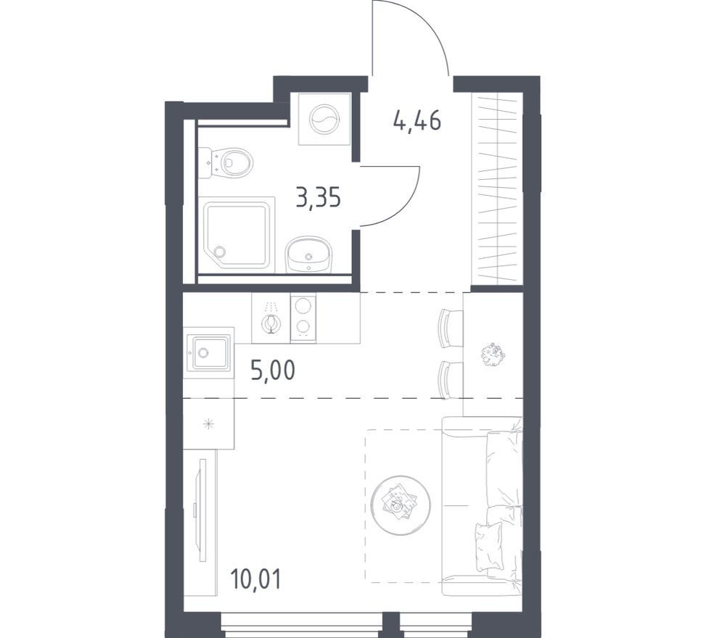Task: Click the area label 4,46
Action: coord(417,121)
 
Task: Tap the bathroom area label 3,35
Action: coord(319,197)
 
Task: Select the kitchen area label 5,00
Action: coord(273,370)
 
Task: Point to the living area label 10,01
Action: coord(255,579)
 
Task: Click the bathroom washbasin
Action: coord(309,255)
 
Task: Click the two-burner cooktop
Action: coord(303,317)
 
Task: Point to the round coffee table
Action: coord(401,505)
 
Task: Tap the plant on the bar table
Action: coord(492,355)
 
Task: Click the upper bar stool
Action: coord(451,328)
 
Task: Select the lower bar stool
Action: coord(451,379)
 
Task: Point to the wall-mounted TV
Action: coord(200,510)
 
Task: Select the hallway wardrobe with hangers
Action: coord(497,189)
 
